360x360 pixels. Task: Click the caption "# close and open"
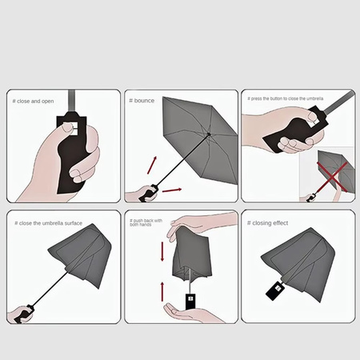tap(33, 102)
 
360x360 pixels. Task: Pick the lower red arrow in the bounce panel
tap(171, 190)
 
